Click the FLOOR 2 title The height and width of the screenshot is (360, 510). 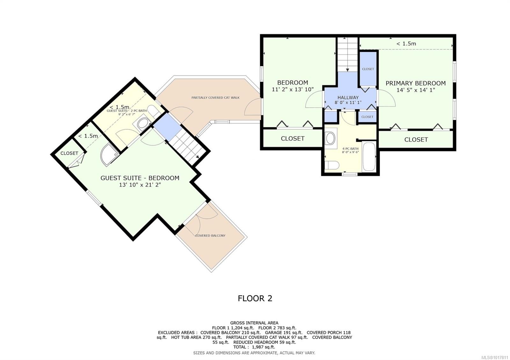255,298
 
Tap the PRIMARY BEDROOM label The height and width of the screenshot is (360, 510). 416,83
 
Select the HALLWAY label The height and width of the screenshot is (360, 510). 348,97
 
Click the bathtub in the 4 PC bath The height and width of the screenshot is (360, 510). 369,156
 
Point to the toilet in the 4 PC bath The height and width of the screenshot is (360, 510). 332,165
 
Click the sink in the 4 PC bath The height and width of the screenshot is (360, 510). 330,138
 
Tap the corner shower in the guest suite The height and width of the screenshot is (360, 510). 110,155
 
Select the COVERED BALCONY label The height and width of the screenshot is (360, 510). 210,235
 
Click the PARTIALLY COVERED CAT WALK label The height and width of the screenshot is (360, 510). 215,97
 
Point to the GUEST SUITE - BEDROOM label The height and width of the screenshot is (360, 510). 140,178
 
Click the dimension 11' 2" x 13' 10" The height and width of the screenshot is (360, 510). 293,90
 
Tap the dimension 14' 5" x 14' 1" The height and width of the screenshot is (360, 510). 416,90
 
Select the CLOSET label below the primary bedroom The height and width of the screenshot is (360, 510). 416,140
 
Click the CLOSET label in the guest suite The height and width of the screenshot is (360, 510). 69,153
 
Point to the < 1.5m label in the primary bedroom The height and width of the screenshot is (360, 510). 406,43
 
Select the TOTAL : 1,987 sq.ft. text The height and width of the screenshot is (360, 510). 254,347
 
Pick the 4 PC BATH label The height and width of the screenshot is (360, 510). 350,148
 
